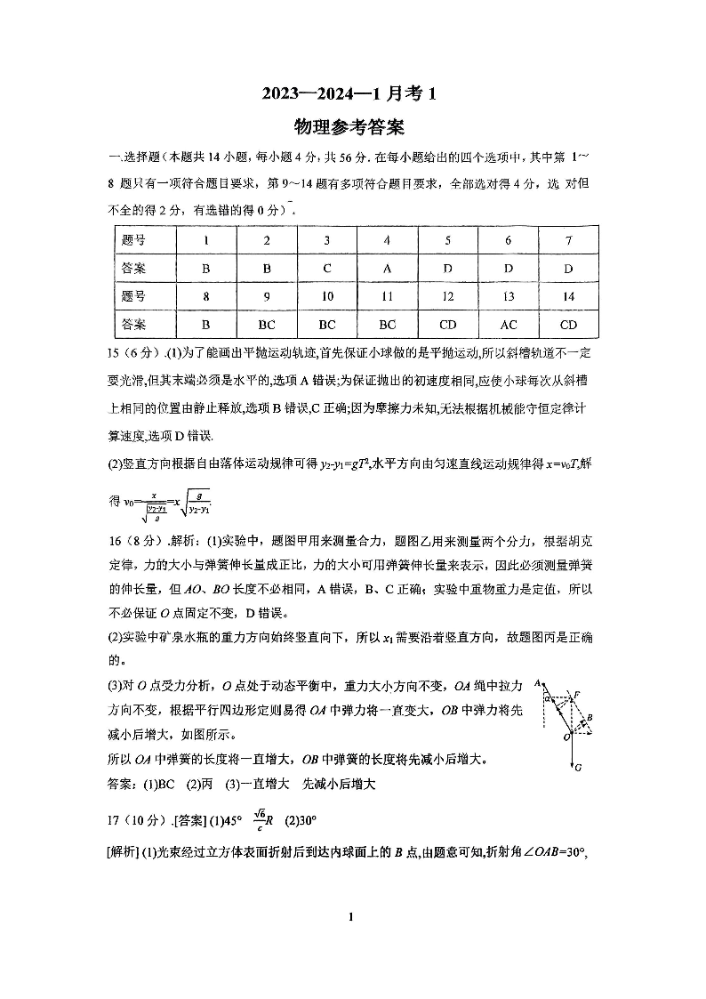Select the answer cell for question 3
[x=327, y=267]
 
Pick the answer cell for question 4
[x=387, y=267]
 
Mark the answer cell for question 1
[x=206, y=267]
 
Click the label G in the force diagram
[x=578, y=767]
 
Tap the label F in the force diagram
[x=576, y=694]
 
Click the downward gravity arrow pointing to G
[x=571, y=752]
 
